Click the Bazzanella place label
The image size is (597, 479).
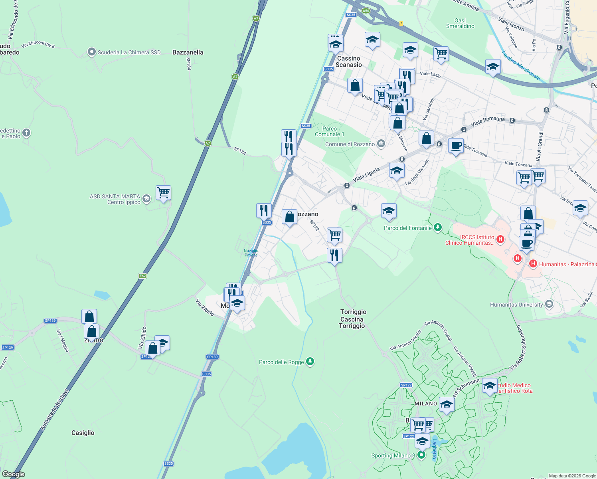[188, 52]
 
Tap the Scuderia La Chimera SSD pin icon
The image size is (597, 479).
[92, 52]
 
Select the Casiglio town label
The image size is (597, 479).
[83, 433]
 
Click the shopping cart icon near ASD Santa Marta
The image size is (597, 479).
[163, 193]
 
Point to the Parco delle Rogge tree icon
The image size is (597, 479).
[310, 362]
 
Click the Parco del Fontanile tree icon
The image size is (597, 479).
[438, 228]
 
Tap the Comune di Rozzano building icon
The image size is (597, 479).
[381, 144]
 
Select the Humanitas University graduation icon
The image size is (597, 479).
[549, 305]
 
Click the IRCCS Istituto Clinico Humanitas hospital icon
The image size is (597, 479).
[500, 239]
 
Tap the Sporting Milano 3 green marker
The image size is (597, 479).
[421, 455]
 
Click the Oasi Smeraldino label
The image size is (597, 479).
[460, 23]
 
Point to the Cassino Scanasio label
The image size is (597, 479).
[349, 61]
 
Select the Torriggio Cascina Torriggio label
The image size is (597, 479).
[353, 319]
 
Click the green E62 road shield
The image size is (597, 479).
[143, 276]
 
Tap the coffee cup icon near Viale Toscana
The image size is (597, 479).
[455, 146]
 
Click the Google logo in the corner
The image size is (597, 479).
[14, 474]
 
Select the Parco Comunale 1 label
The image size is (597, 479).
[329, 131]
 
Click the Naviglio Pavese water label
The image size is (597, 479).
[251, 253]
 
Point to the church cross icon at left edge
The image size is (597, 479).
[26, 133]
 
